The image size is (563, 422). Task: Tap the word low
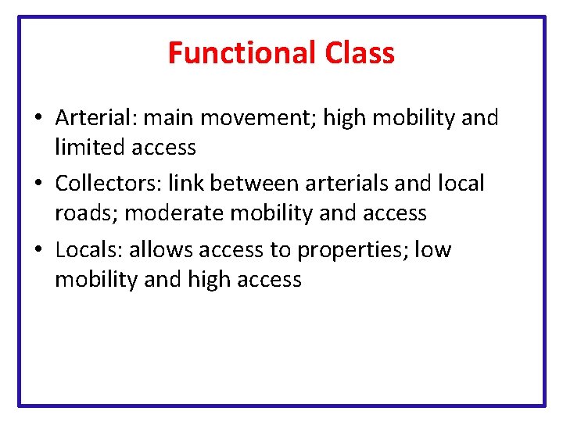(433, 250)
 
